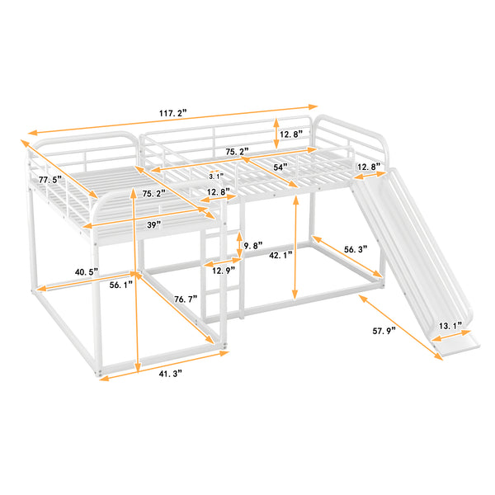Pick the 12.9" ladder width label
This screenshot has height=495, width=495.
pyautogui.click(x=224, y=270)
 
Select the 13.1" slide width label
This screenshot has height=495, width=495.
pyautogui.click(x=450, y=325)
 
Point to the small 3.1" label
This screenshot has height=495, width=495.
pyautogui.click(x=214, y=176)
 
